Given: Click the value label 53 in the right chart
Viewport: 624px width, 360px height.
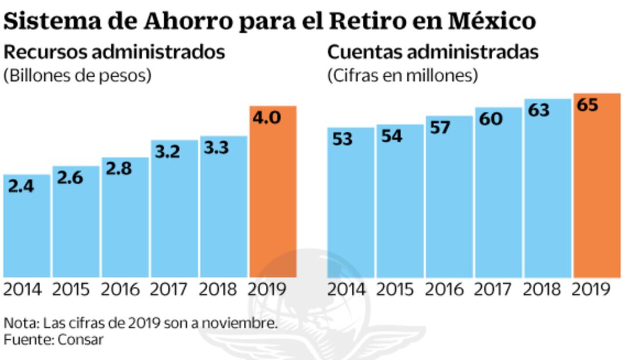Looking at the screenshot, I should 342,140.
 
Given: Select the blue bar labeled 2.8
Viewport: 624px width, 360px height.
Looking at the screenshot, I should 125,221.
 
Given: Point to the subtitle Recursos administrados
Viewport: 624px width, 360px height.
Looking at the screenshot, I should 114,52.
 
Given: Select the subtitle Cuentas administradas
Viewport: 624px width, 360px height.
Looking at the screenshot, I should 433,52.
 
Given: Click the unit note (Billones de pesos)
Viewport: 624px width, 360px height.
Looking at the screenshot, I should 77,76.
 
